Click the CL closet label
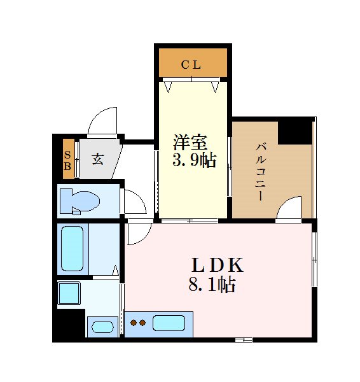(x=191, y=65)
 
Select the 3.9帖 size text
(x=194, y=160)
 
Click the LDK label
(x=218, y=265)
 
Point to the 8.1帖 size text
(x=212, y=284)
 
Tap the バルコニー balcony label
(x=260, y=173)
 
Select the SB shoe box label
(x=67, y=160)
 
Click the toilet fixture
(x=80, y=201)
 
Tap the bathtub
(x=73, y=248)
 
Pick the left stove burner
(x=134, y=323)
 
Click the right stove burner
(x=142, y=323)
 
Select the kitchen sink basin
(x=169, y=323)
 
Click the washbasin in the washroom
(x=102, y=327)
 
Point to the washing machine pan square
(x=69, y=293)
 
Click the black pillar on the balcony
(x=295, y=133)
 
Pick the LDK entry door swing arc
(x=144, y=238)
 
